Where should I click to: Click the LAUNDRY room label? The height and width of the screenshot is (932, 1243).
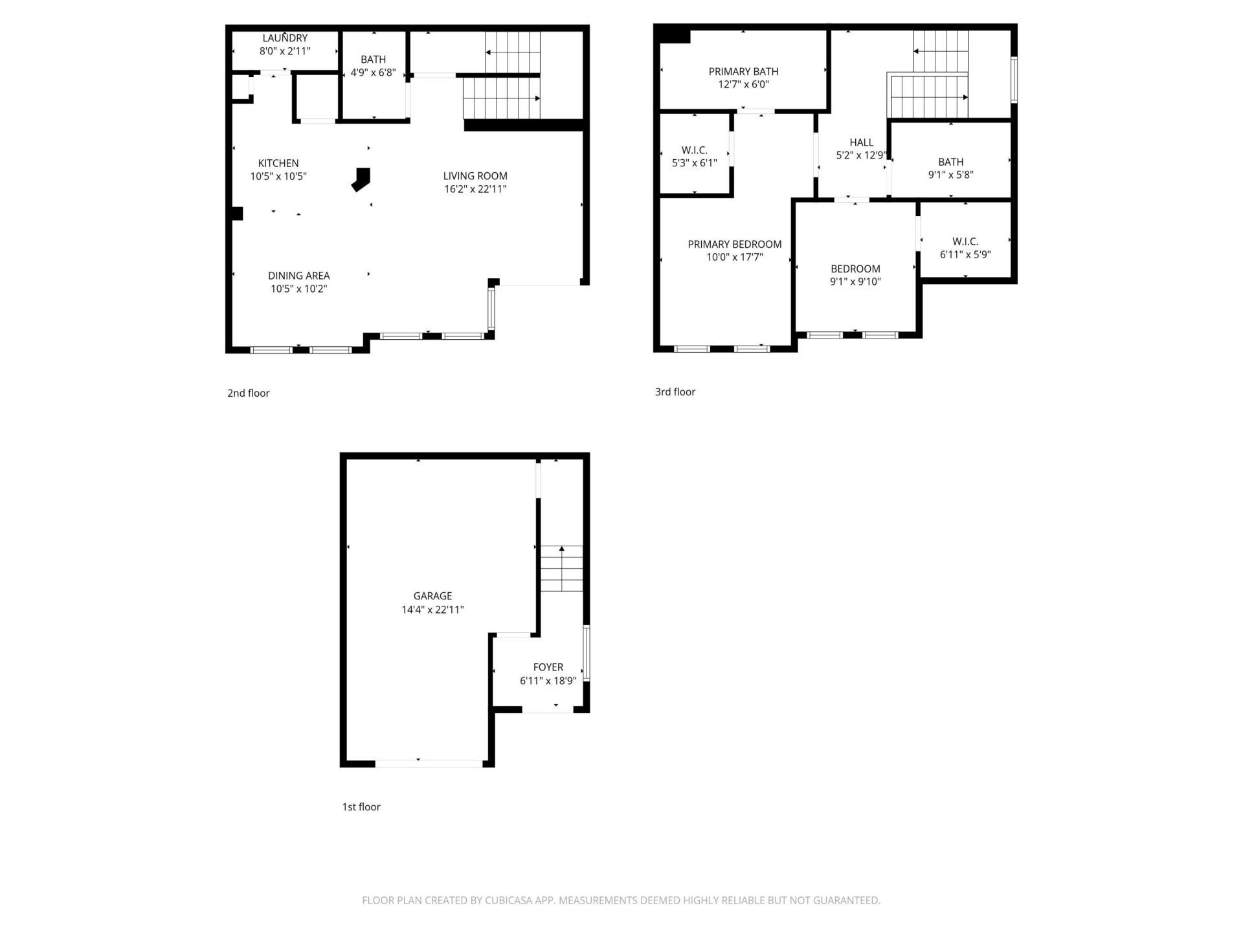point(285,38)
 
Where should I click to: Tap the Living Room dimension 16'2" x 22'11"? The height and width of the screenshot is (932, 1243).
point(475,189)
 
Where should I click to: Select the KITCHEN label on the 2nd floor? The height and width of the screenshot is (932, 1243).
point(278,163)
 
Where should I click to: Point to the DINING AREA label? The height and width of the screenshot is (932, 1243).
point(298,276)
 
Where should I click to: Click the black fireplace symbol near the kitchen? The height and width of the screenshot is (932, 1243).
point(361,179)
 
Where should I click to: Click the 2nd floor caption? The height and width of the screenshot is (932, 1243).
point(248,393)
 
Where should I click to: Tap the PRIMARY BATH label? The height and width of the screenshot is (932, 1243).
point(743,71)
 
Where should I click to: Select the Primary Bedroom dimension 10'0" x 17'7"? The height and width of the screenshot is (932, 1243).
point(734,257)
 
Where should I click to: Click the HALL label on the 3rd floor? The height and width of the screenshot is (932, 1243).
point(861,142)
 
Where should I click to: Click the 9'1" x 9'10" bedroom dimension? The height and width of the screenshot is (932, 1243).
point(855,282)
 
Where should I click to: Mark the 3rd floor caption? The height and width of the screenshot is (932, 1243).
point(675,392)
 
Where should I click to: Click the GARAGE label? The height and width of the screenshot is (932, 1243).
point(432,596)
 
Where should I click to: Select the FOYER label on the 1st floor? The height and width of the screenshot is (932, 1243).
point(548,667)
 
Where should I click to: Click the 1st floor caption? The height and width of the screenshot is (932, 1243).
point(361,806)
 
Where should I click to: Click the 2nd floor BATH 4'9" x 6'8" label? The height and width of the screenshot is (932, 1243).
point(373,60)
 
